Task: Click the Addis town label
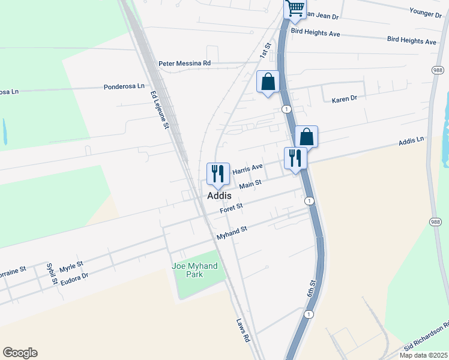(x=220, y=196)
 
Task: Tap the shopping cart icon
(x=295, y=8)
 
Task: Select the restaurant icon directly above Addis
(x=217, y=173)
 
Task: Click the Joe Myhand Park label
(x=194, y=270)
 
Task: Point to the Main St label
(x=250, y=184)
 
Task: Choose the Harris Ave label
(x=248, y=169)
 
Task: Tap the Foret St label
(x=231, y=208)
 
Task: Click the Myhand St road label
(x=232, y=232)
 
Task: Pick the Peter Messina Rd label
(x=185, y=62)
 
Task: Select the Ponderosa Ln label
(x=124, y=86)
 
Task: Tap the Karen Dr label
(x=345, y=98)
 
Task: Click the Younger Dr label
(x=426, y=11)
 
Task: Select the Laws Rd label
(x=243, y=330)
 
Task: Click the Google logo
(x=20, y=353)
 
